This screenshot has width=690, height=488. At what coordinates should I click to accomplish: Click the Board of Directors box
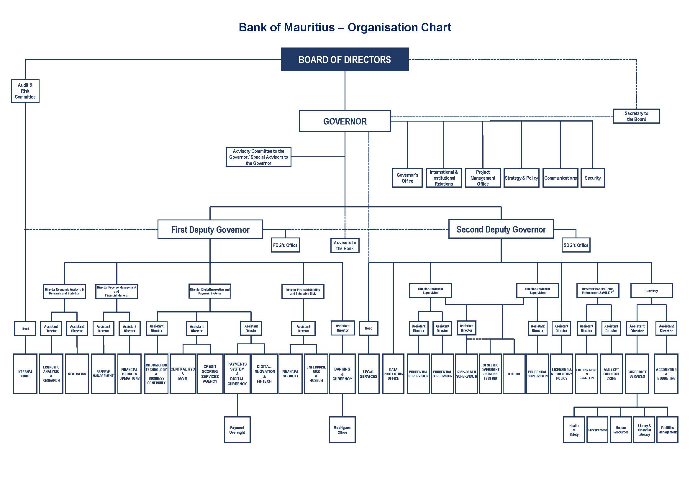coord(345,60)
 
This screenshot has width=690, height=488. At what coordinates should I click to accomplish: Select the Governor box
coord(345,121)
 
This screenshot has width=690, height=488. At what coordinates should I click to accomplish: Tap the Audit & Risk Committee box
coord(25,91)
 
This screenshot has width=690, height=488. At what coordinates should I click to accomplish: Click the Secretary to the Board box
coord(636,116)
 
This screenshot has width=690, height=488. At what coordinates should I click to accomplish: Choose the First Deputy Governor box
coord(210,230)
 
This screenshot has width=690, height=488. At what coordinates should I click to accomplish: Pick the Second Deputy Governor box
coord(501,229)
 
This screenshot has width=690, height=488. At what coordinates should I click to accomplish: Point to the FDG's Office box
coord(285,245)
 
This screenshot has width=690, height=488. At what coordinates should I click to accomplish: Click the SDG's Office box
coord(576,245)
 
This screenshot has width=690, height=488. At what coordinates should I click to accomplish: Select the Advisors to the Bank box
coord(345,245)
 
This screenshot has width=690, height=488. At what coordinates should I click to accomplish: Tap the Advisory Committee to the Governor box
coord(258,157)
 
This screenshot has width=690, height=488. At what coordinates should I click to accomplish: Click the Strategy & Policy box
coord(521,178)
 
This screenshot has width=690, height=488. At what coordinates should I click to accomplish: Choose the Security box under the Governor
coord(593,178)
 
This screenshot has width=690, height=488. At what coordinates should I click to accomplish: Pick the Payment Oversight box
coord(237,430)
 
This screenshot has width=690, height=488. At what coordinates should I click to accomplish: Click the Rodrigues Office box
coord(342,430)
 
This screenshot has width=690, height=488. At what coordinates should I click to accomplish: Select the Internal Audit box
coord(25,374)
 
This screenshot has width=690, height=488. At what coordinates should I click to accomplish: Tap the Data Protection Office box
coord(393,374)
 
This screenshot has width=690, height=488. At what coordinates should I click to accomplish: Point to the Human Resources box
coord(621,430)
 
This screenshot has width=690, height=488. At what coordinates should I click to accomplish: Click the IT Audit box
coord(514,374)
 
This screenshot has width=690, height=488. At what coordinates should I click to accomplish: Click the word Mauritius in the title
coord(309,27)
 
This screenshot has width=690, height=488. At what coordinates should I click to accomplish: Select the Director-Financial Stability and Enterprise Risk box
coord(303,292)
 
